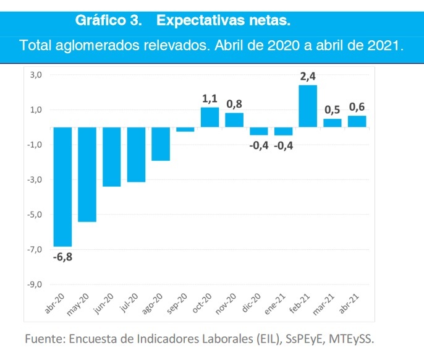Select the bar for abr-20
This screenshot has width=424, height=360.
(x=62, y=187)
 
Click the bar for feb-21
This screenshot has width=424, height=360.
(x=308, y=106)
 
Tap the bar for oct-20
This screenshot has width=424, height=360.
(x=210, y=117)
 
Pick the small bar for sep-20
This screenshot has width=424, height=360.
(x=185, y=129)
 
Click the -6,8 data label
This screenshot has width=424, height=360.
(x=62, y=257)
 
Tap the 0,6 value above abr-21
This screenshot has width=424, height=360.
(x=357, y=108)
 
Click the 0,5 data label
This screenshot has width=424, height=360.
(x=333, y=109)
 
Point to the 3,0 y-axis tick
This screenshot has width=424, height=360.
(x=35, y=75)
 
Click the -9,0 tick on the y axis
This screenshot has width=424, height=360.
(x=34, y=285)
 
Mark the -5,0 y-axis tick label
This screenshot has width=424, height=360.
(x=34, y=215)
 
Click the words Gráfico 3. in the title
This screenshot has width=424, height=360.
(x=109, y=21)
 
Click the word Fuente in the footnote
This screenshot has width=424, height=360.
(x=45, y=339)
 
